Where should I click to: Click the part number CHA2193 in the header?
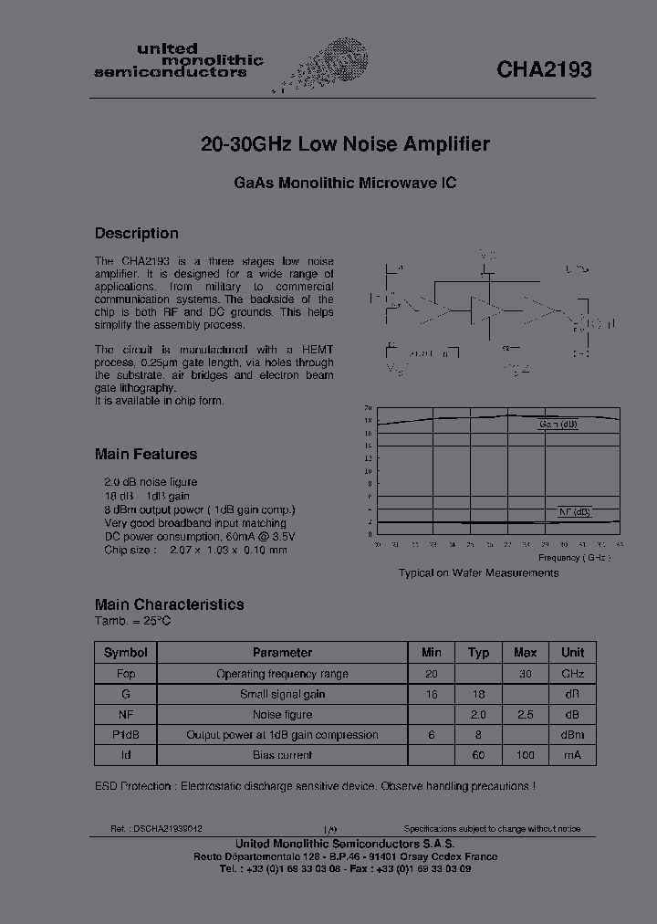point(544,69)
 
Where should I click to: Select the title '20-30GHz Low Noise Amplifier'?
point(345,144)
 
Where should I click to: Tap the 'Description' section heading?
point(137,233)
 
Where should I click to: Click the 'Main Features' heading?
point(146,454)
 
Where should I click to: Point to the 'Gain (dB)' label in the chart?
point(558,425)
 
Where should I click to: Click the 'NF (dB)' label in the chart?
point(575,511)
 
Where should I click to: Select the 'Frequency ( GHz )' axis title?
point(573,557)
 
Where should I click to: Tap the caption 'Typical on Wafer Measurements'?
point(478,572)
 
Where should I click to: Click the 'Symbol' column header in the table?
point(126,652)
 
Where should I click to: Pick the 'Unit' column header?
point(572,652)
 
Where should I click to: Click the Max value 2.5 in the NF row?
point(525,714)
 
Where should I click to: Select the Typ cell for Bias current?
point(478,755)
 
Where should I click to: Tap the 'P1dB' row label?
point(126,735)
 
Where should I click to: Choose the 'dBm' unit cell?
point(572,735)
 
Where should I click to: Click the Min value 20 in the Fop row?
point(432,673)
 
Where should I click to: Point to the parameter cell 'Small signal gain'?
point(282,694)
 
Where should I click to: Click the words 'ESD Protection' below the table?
point(133,785)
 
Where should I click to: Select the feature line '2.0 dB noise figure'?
point(151,481)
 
